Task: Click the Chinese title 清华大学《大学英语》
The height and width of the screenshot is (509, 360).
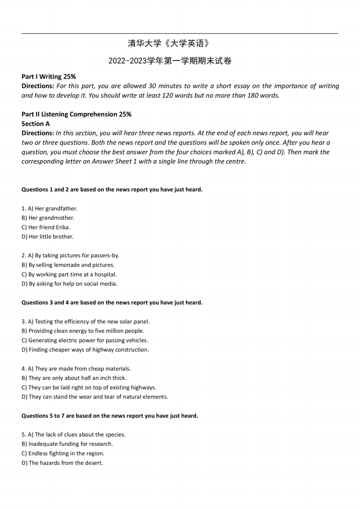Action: point(169,44)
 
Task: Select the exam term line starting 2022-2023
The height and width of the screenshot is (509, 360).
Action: point(170,61)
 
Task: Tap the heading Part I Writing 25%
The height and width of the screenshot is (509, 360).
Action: point(49,77)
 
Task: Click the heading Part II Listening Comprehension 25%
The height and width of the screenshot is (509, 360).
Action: point(76,114)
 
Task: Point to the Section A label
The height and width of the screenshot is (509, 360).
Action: point(36,123)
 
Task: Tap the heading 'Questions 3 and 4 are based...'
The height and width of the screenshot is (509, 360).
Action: point(112,303)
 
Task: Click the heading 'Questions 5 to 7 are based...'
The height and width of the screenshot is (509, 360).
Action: point(109,416)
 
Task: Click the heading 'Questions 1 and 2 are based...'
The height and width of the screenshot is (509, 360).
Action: point(112,190)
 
